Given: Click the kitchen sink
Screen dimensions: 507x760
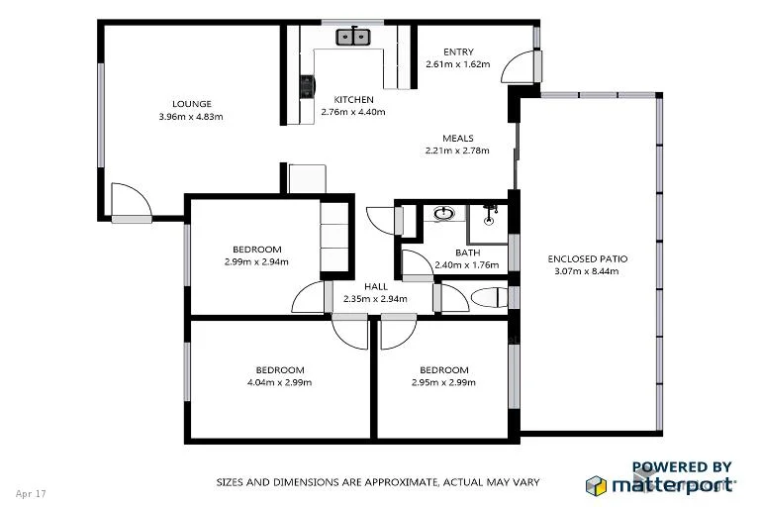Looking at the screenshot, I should pyautogui.click(x=353, y=38).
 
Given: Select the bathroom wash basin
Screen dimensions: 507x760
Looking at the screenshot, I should pyautogui.click(x=445, y=212).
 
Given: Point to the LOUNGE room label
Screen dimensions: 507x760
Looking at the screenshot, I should pyautogui.click(x=191, y=104).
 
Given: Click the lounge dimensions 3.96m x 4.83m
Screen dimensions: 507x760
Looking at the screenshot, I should pyautogui.click(x=191, y=117).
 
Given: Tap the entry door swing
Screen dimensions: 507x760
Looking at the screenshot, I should pyautogui.click(x=518, y=67).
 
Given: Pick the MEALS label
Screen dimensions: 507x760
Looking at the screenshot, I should pyautogui.click(x=457, y=139).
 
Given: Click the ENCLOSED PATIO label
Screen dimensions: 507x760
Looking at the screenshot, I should pyautogui.click(x=588, y=259).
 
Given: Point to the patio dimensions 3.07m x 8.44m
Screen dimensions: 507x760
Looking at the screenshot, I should pyautogui.click(x=588, y=271).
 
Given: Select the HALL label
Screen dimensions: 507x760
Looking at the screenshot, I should pyautogui.click(x=375, y=286).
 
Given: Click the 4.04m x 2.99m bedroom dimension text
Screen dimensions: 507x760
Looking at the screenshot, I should pyautogui.click(x=278, y=382).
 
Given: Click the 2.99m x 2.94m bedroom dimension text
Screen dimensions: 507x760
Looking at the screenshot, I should pyautogui.click(x=257, y=262).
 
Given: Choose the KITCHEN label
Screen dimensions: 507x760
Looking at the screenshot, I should pyautogui.click(x=353, y=100).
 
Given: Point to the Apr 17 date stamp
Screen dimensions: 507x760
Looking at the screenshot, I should pyautogui.click(x=32, y=492).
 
